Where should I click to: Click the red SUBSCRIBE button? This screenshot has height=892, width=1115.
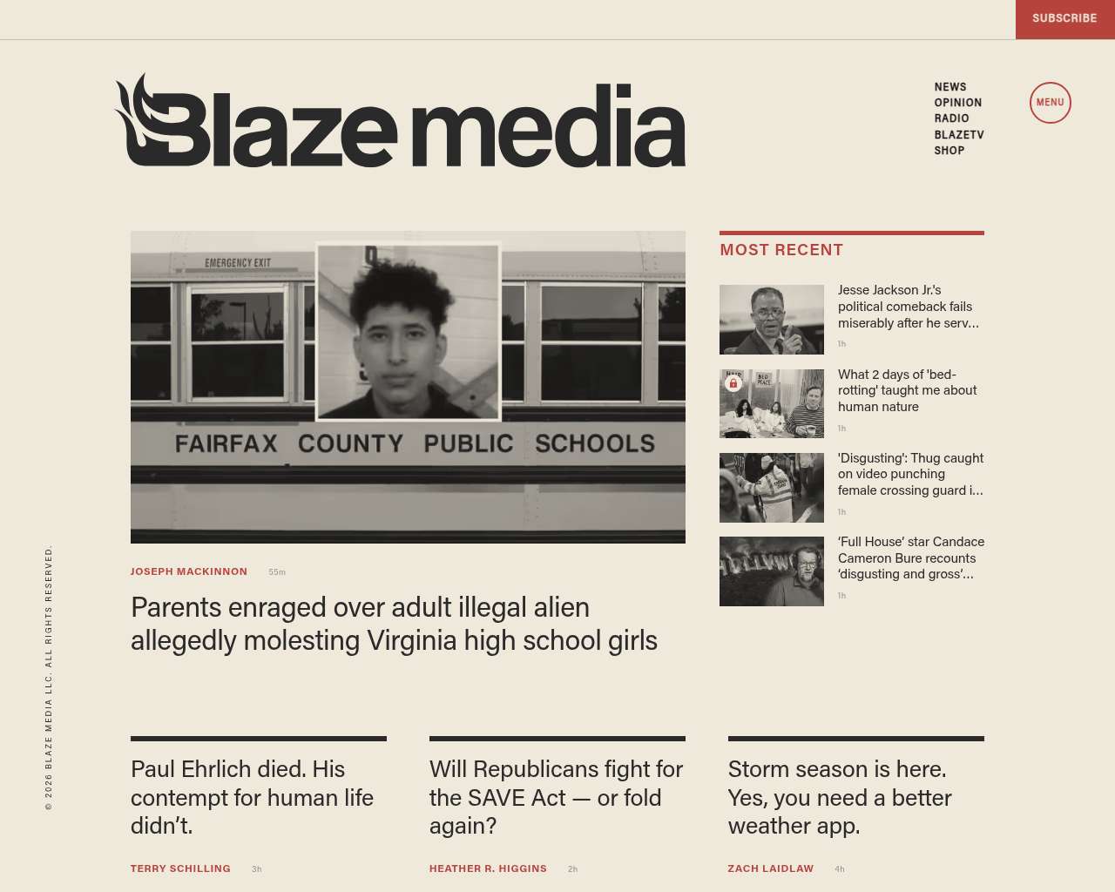pos(1064,18)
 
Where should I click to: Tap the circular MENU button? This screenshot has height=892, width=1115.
pos(1050,103)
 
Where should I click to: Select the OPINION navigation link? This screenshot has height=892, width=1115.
pos(957,103)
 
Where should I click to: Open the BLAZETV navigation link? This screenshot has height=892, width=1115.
pos(958,135)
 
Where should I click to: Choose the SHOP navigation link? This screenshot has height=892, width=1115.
pos(949,151)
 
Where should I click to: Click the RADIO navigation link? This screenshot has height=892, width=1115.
pos(951,118)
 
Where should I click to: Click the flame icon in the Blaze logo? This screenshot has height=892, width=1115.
pos(139,113)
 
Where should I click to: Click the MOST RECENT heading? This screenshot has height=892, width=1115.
pos(781,250)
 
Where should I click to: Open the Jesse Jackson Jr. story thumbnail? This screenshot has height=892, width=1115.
pos(771,320)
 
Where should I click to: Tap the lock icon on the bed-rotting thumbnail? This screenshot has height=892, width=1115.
pos(733,383)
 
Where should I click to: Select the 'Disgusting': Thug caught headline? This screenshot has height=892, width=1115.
pos(910,474)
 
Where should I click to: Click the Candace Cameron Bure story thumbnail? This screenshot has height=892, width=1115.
pos(771,571)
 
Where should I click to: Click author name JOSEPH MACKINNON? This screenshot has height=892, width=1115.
pos(189,571)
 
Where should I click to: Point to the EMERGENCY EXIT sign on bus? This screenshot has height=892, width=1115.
pos(238,262)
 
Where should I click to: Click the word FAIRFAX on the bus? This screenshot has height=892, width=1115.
pos(226,444)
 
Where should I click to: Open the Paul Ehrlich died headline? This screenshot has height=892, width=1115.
pos(252,797)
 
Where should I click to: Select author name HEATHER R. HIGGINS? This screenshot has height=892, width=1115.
pos(488,868)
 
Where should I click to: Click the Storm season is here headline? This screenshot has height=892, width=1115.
pos(839,797)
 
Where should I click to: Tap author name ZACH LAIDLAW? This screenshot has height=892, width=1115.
pos(770,868)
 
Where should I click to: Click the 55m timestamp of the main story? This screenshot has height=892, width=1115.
pos(277,572)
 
